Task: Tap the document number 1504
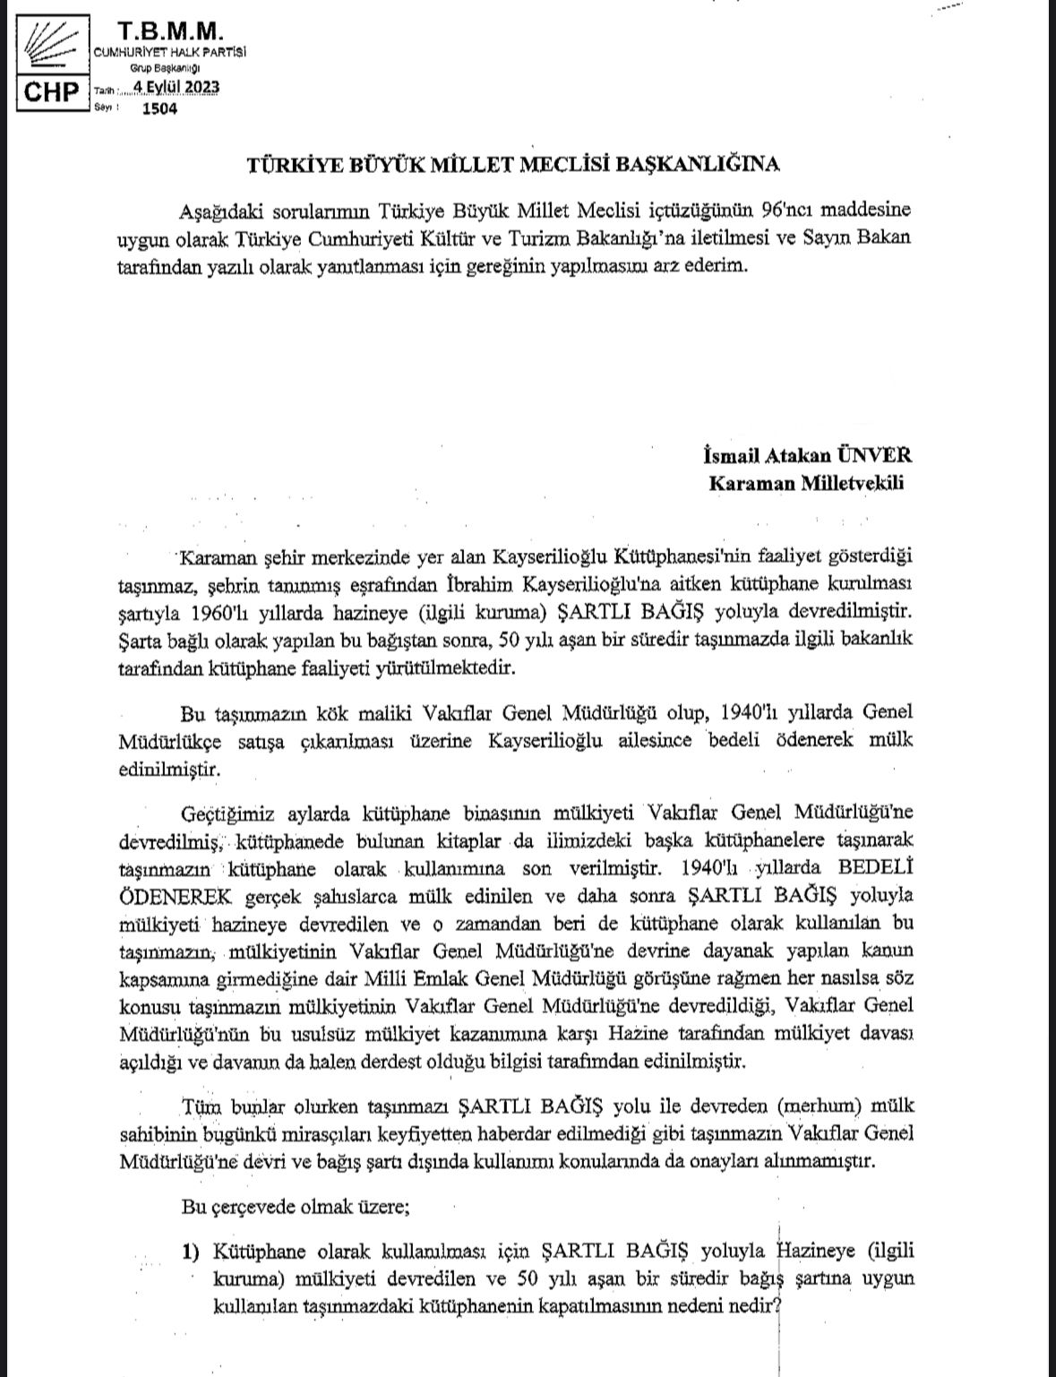tap(159, 108)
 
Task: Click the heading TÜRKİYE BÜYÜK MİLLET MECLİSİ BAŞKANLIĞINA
tap(513, 164)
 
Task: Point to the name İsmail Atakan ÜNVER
tap(809, 455)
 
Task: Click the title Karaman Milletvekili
tap(806, 483)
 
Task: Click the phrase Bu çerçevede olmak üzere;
tap(296, 1206)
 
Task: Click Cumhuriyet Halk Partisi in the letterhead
tap(170, 52)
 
